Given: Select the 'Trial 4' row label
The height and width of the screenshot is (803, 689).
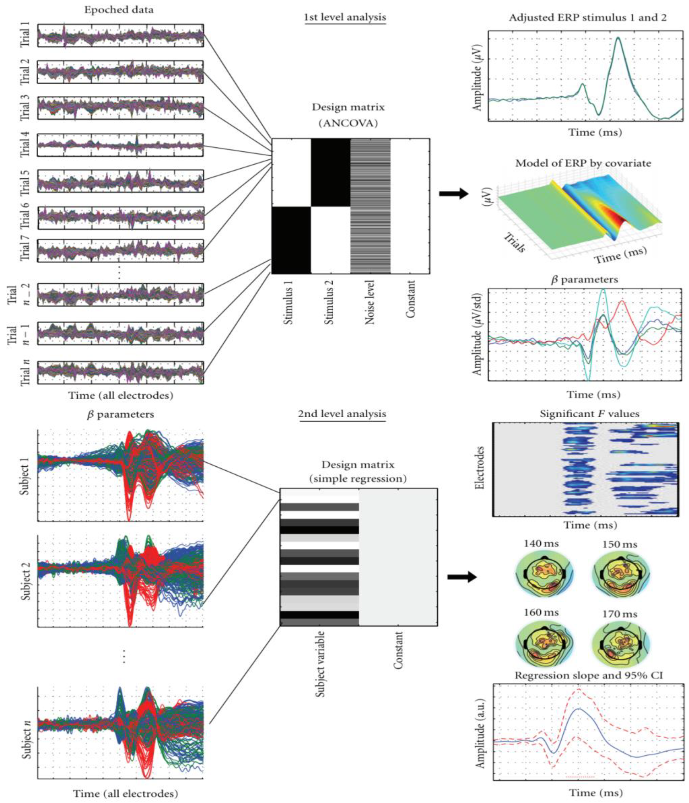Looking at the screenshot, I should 25,145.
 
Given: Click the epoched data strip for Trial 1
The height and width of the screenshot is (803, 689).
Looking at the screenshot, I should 121,36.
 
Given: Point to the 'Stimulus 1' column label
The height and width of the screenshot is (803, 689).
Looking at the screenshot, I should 288,303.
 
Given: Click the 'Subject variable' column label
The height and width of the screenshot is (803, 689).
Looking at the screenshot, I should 320,664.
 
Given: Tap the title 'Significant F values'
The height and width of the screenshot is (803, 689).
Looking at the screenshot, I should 589,414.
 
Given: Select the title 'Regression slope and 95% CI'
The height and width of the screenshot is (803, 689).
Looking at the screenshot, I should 589,675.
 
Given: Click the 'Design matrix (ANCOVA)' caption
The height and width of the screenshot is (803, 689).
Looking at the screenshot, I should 348,115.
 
